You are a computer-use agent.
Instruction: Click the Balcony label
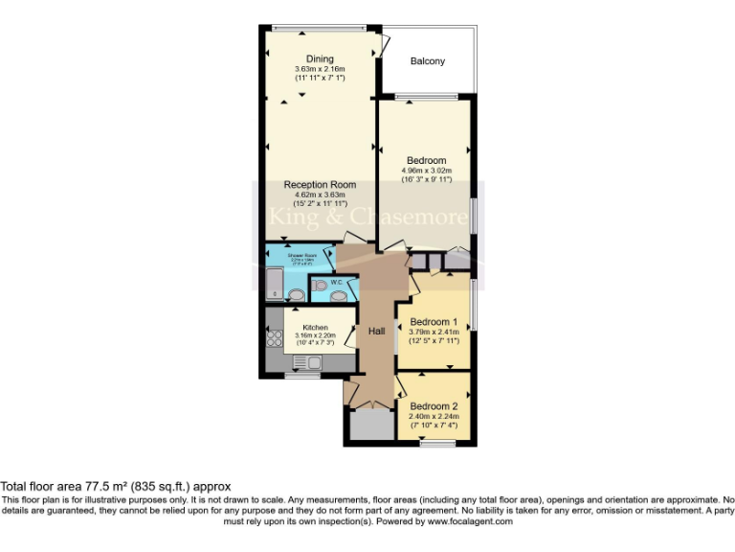pos(428,61)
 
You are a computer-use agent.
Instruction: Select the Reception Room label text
pos(320,185)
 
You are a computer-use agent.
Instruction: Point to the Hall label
pos(377,331)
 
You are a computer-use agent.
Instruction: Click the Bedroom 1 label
pos(433,322)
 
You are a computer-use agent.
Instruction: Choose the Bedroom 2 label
pos(434,406)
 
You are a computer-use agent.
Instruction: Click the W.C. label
pos(337,283)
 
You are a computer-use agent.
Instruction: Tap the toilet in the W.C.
pos(320,286)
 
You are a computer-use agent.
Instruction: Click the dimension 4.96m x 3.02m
pos(426,172)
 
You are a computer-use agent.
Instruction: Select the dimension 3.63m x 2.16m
pos(320,70)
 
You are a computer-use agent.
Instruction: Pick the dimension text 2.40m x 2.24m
pos(434,417)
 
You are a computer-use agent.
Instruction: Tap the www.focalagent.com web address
pos(469,521)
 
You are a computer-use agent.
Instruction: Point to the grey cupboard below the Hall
pos(366,425)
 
